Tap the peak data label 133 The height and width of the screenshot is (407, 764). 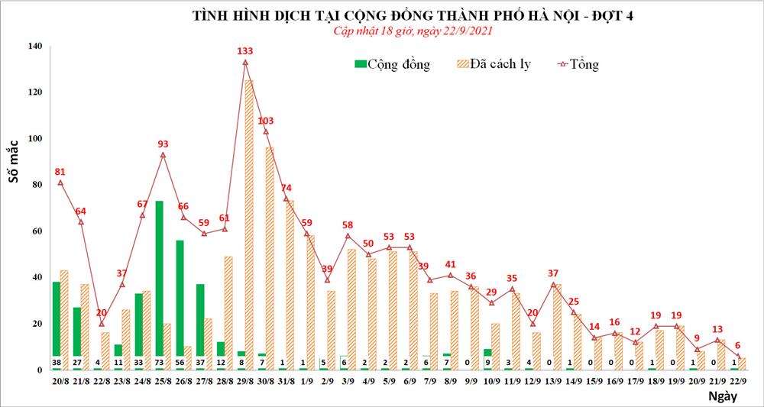coord(245,51)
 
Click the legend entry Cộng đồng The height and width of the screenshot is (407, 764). coord(392,64)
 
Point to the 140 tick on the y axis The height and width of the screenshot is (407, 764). coord(34,47)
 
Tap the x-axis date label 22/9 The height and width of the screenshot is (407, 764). coord(738,380)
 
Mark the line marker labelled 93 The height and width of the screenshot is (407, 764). coord(163,155)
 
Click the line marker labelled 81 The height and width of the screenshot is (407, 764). coord(60,183)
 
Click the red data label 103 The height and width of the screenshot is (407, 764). coord(266,121)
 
